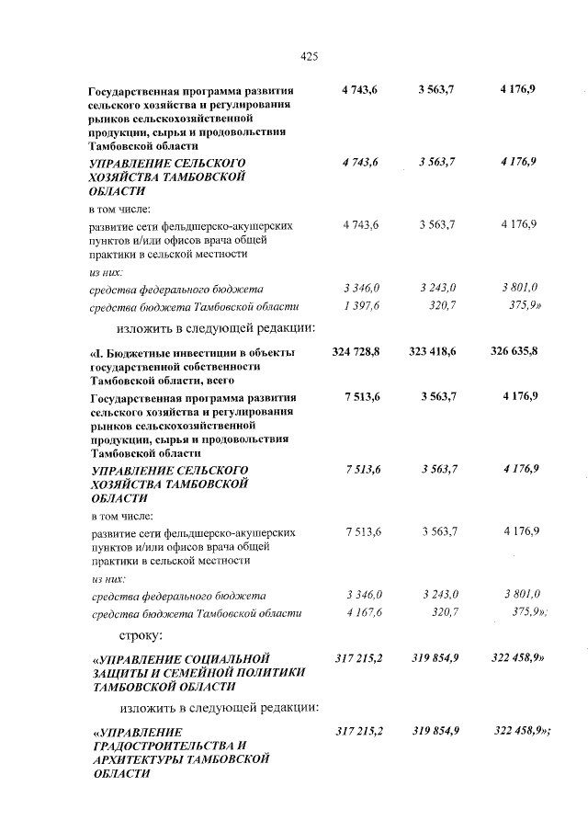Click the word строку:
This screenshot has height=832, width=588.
click(141, 635)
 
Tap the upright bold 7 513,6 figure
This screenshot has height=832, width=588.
click(359, 397)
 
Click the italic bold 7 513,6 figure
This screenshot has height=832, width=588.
click(359, 470)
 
